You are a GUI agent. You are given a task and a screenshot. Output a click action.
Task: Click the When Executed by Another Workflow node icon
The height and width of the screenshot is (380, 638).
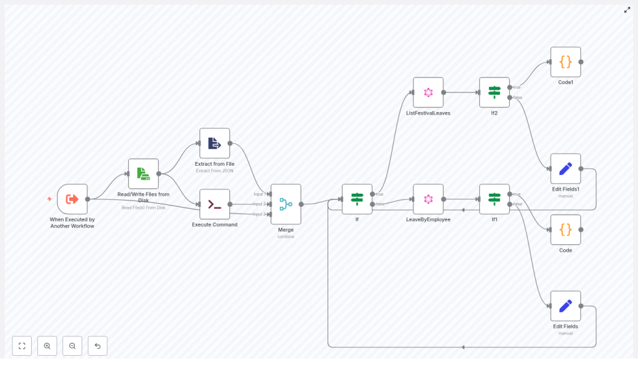pyautogui.click(x=72, y=199)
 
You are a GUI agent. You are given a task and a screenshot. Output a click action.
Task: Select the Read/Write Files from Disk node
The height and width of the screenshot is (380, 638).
pyautogui.click(x=143, y=174)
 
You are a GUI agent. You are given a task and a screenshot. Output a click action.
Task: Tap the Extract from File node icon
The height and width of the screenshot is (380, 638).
pyautogui.click(x=214, y=143)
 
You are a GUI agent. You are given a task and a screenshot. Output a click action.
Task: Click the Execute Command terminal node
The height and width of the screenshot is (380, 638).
pyautogui.click(x=214, y=204)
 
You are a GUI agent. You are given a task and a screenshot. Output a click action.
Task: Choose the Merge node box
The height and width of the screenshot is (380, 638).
pyautogui.click(x=286, y=204)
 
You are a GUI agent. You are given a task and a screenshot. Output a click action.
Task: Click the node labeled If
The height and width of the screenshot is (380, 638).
pyautogui.click(x=357, y=199)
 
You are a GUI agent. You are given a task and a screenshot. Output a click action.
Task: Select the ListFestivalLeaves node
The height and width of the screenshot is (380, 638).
pyautogui.click(x=428, y=93)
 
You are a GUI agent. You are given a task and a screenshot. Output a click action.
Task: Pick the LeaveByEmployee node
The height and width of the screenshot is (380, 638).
pyautogui.click(x=428, y=199)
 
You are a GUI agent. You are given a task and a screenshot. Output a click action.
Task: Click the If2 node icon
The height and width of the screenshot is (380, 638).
pyautogui.click(x=494, y=93)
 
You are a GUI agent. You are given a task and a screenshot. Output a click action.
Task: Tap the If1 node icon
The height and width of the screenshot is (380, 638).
pyautogui.click(x=494, y=199)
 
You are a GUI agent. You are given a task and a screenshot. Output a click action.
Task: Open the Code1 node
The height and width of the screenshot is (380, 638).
pyautogui.click(x=565, y=62)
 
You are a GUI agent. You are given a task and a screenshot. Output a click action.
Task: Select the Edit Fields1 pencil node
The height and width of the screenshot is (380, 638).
pyautogui.click(x=565, y=169)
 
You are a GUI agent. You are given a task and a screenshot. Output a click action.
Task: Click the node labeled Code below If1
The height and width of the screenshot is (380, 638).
pyautogui.click(x=565, y=230)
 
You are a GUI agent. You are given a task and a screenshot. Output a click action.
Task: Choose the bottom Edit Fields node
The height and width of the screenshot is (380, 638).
pyautogui.click(x=565, y=306)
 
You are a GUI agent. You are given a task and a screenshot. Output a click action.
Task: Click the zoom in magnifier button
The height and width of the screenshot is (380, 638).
pyautogui.click(x=47, y=346)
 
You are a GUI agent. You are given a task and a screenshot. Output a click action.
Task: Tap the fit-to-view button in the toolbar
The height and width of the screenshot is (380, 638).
pyautogui.click(x=22, y=346)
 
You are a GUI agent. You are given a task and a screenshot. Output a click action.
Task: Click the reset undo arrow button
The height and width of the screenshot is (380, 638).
pyautogui.click(x=98, y=346)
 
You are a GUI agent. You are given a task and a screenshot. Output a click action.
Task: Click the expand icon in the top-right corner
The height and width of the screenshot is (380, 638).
pyautogui.click(x=627, y=10)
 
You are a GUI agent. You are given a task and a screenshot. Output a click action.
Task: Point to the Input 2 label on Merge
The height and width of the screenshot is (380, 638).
pyautogui.click(x=259, y=204)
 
